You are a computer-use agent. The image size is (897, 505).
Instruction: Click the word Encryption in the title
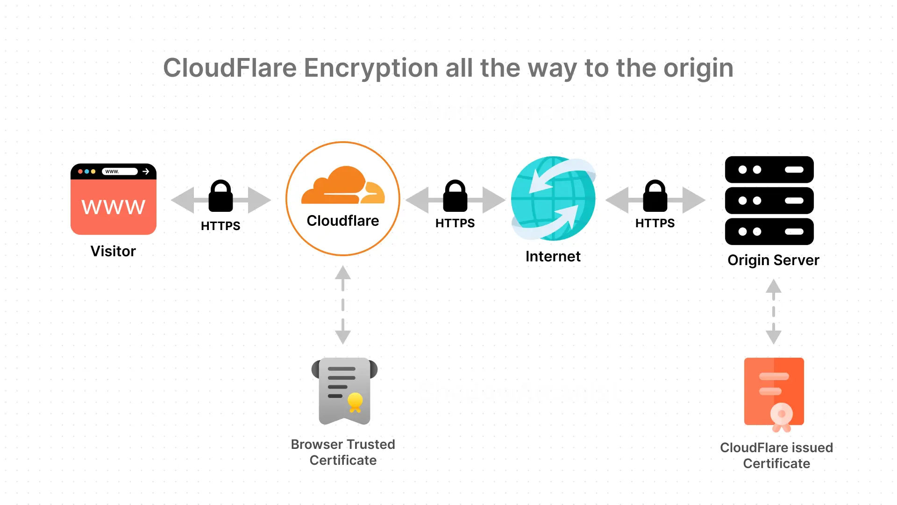[x=371, y=68]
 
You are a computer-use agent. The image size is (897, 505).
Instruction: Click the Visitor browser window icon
[x=114, y=199]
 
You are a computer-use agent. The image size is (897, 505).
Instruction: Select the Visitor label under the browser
[x=113, y=251]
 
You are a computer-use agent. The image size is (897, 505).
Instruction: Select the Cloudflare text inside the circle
[x=343, y=221]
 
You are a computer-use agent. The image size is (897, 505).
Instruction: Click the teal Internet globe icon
[x=553, y=199]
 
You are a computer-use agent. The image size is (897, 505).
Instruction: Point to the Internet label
[x=553, y=256]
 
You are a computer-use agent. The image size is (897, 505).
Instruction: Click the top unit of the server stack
[x=769, y=170]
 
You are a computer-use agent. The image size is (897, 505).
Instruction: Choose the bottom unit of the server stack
[x=769, y=231]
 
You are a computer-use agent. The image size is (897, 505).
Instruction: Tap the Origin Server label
[x=773, y=260]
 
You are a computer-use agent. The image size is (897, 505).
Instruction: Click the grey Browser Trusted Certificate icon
[x=344, y=391]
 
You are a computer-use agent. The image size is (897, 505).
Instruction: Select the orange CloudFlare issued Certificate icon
[x=774, y=393]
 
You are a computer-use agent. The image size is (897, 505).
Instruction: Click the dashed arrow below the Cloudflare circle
[x=343, y=305]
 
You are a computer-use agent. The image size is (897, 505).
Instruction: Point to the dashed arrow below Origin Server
[x=774, y=312]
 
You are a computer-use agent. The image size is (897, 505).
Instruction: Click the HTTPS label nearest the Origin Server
[x=655, y=223]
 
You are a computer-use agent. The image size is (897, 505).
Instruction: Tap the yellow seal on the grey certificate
[x=355, y=401]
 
